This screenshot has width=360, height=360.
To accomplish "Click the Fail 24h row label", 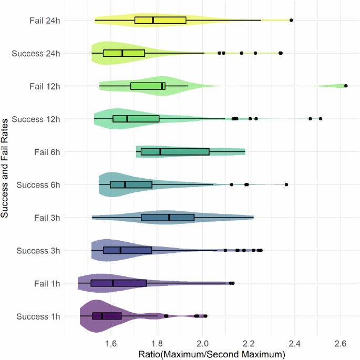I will [x=45, y=20].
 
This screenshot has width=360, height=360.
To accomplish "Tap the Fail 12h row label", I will [x=45, y=86].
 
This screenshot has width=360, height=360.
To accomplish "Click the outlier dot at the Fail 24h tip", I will [x=291, y=20].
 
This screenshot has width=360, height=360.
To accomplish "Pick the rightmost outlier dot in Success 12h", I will [x=320, y=119].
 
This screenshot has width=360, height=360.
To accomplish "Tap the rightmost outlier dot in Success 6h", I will [x=286, y=184].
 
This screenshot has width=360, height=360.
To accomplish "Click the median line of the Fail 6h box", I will [x=160, y=152].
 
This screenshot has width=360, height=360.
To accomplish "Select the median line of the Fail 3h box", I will [x=169, y=218].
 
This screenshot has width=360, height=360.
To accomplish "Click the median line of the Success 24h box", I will [x=122, y=53].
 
